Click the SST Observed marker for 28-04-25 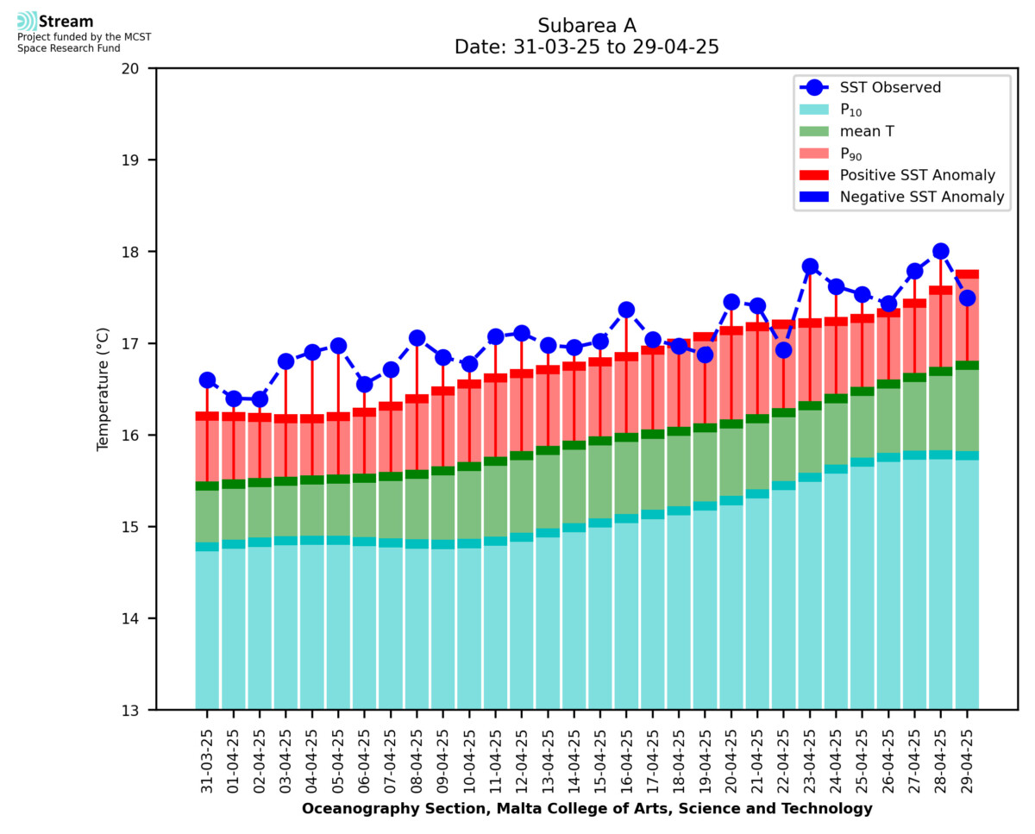941,251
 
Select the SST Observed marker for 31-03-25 207,380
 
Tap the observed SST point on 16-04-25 626,310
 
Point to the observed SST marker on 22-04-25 783,350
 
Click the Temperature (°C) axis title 103,389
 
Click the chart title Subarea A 586,25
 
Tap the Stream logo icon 27,22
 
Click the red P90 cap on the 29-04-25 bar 967,274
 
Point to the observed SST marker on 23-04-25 810,267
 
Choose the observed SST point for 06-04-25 364,385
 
